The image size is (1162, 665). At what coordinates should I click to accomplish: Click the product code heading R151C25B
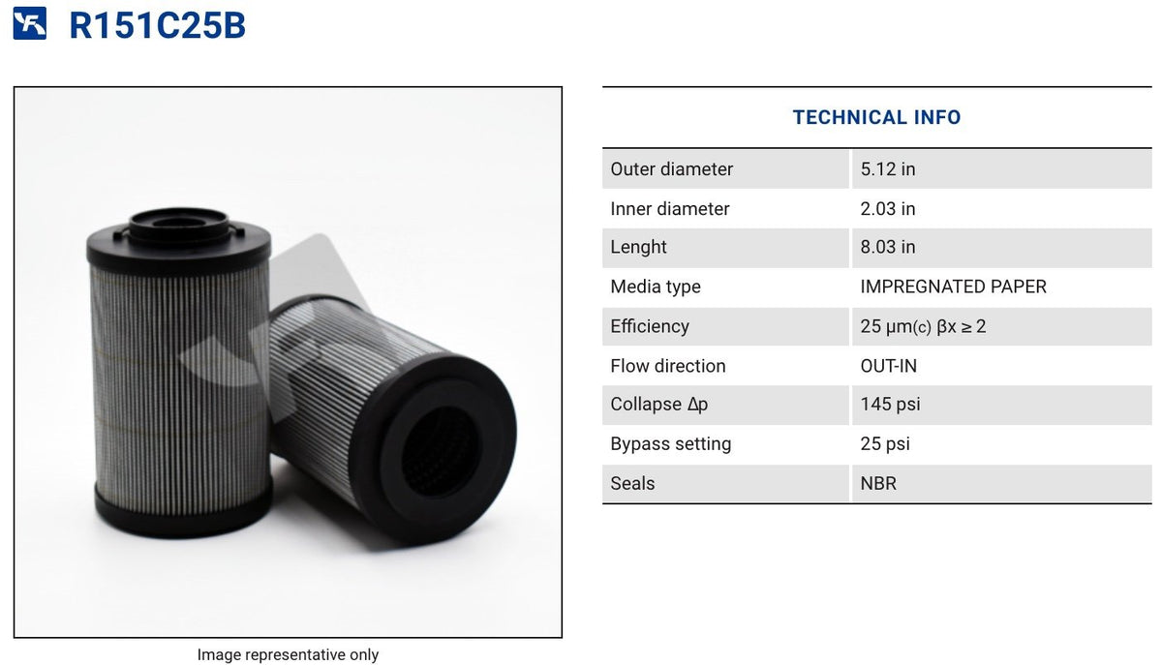pyautogui.click(x=157, y=25)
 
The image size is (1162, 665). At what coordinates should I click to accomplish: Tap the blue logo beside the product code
pyautogui.click(x=30, y=24)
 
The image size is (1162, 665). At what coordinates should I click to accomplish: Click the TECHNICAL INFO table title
pyautogui.click(x=876, y=117)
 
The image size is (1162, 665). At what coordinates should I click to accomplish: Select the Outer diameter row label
pyautogui.click(x=671, y=169)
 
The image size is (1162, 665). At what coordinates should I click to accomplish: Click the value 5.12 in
pyautogui.click(x=887, y=169)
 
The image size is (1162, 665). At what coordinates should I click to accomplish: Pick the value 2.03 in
pyautogui.click(x=887, y=209)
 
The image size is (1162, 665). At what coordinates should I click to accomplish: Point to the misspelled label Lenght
pyautogui.click(x=638, y=247)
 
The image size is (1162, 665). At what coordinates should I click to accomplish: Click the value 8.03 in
pyautogui.click(x=887, y=247)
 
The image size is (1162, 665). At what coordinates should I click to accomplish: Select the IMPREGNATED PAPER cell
pyautogui.click(x=953, y=287)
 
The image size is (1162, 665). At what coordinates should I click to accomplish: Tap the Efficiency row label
pyautogui.click(x=649, y=326)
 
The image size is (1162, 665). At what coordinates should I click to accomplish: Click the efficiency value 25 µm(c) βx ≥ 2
pyautogui.click(x=922, y=326)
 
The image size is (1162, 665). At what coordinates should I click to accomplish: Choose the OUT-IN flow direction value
pyautogui.click(x=888, y=366)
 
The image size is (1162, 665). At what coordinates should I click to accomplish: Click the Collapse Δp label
pyautogui.click(x=658, y=405)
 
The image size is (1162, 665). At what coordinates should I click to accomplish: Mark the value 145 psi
pyautogui.click(x=890, y=405)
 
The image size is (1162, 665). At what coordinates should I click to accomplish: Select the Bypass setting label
pyautogui.click(x=670, y=444)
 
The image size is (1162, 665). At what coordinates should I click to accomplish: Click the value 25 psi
pyautogui.click(x=885, y=444)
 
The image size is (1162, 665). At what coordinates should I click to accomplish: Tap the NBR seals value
pyautogui.click(x=878, y=483)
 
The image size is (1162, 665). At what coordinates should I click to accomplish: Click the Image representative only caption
pyautogui.click(x=288, y=655)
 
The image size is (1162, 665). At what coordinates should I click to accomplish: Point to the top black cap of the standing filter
pyautogui.click(x=179, y=242)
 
